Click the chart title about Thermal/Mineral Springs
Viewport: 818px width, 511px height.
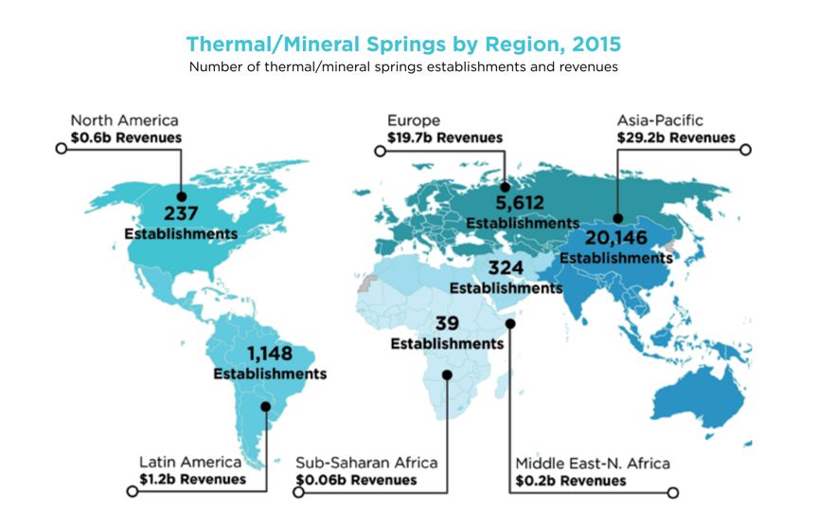coord(403,45)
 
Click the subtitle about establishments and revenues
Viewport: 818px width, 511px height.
coord(403,67)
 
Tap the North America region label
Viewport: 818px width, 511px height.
coord(124,120)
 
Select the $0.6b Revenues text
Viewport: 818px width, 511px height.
coord(126,137)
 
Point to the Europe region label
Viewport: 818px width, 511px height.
coord(414,120)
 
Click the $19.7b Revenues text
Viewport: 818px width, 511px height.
coord(445,137)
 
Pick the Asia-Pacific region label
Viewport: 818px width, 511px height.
coord(660,120)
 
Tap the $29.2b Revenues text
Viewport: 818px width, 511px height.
coord(676,137)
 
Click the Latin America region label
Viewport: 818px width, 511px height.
coord(190,462)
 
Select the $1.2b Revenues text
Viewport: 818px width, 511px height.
coord(192,480)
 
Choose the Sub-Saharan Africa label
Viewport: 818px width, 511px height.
coord(366,463)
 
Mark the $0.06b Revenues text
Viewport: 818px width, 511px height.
coord(356,480)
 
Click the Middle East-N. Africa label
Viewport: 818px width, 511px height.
coord(593,464)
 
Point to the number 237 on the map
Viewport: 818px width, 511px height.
coord(181,213)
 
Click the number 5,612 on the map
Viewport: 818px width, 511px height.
coord(520,203)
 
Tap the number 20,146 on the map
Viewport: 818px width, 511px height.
coord(616,238)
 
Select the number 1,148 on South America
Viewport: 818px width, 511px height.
coord(270,354)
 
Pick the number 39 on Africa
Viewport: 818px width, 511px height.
coord(447,323)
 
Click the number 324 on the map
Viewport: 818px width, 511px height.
coord(506,268)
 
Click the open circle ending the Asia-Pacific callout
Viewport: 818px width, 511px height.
coord(745,150)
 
